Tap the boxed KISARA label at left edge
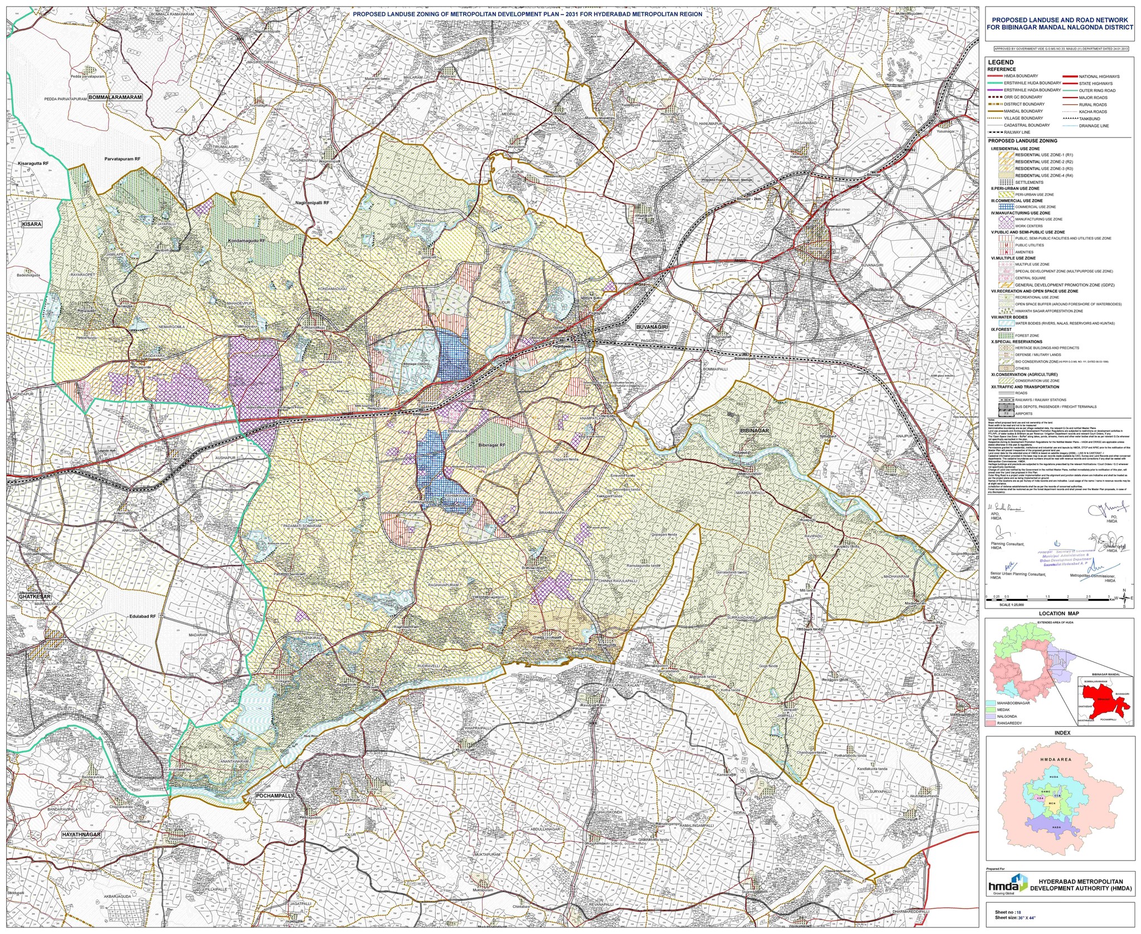31,223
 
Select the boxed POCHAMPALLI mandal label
273,796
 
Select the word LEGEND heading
1001,62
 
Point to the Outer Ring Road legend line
1070,90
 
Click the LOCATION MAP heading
1059,614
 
